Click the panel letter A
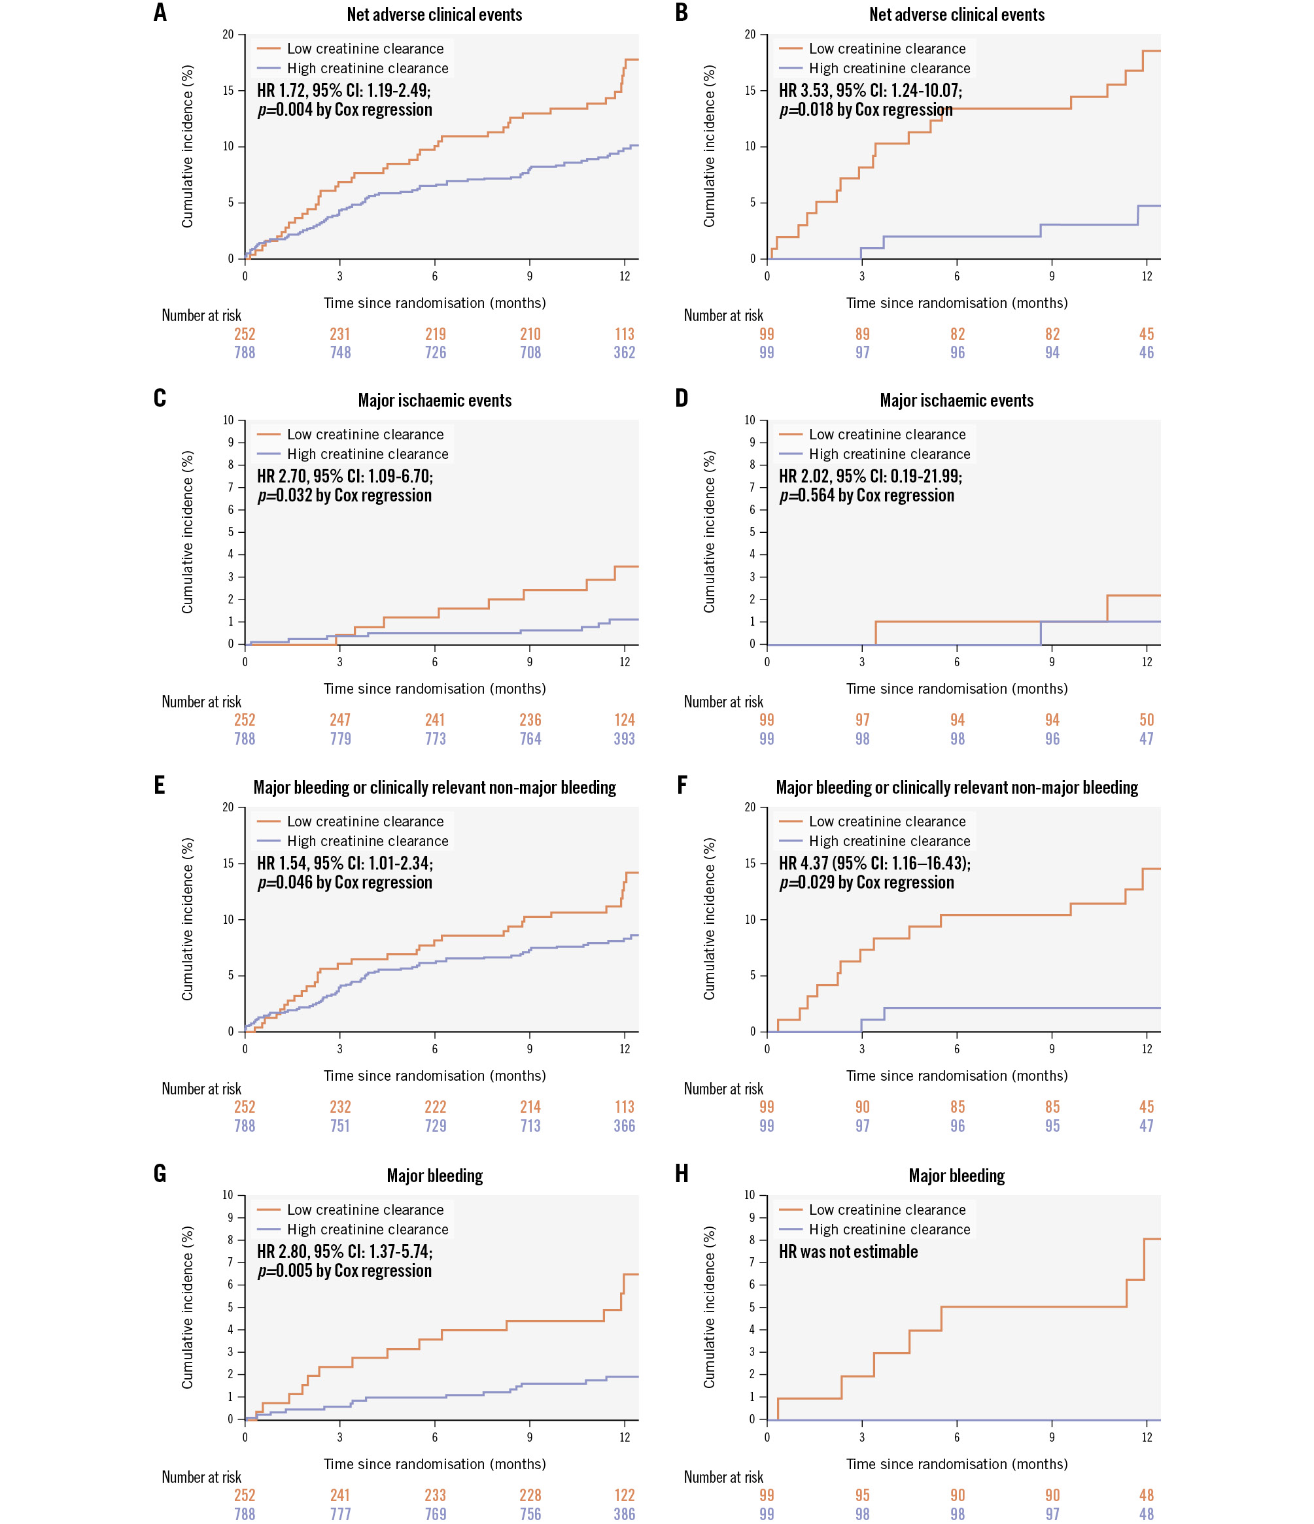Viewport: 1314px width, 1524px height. (160, 12)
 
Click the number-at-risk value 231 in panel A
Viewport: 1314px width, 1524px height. (340, 334)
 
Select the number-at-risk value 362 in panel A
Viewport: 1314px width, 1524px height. (624, 352)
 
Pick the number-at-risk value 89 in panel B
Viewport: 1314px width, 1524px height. (862, 334)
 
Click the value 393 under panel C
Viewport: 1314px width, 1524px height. (624, 739)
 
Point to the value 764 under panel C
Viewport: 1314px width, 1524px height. (530, 739)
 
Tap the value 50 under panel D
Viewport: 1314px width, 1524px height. (1147, 719)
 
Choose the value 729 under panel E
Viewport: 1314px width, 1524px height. (435, 1125)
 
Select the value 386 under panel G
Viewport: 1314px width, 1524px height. (624, 1514)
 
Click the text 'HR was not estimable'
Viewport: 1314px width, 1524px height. (848, 1251)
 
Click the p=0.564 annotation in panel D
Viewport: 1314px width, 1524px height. (866, 495)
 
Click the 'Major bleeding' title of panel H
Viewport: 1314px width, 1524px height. (956, 1176)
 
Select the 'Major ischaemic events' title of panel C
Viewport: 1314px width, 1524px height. (434, 400)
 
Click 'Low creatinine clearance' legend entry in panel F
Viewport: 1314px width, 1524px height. (886, 821)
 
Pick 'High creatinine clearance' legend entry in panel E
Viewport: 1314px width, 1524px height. (367, 841)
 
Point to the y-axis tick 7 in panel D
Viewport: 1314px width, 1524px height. (752, 487)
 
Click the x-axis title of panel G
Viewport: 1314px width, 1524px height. (434, 1464)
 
